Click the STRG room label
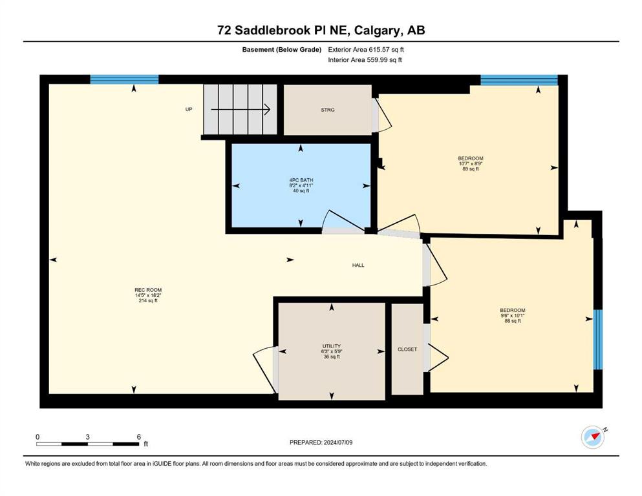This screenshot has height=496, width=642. point(328,110)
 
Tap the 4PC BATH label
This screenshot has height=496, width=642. point(301,180)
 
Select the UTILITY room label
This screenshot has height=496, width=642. point(331,346)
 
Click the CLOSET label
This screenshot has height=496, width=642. point(407,349)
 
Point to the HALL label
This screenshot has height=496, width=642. point(358,265)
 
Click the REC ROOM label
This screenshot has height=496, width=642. point(148,291)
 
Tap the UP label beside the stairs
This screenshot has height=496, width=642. point(189,110)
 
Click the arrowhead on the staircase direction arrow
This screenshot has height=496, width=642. point(268,110)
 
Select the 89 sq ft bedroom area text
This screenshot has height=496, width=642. point(471,169)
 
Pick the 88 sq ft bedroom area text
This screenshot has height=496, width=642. point(513,321)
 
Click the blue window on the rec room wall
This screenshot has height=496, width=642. point(124,79)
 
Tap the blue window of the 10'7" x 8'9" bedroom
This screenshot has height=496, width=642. point(519,79)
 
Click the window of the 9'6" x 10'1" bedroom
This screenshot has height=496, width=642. point(598,340)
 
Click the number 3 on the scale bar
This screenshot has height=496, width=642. point(88,437)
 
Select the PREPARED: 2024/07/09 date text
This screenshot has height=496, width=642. point(321,442)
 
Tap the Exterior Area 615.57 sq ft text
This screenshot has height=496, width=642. point(366,50)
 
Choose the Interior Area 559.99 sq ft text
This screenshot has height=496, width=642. point(365,59)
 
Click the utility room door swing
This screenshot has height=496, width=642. point(263,370)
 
